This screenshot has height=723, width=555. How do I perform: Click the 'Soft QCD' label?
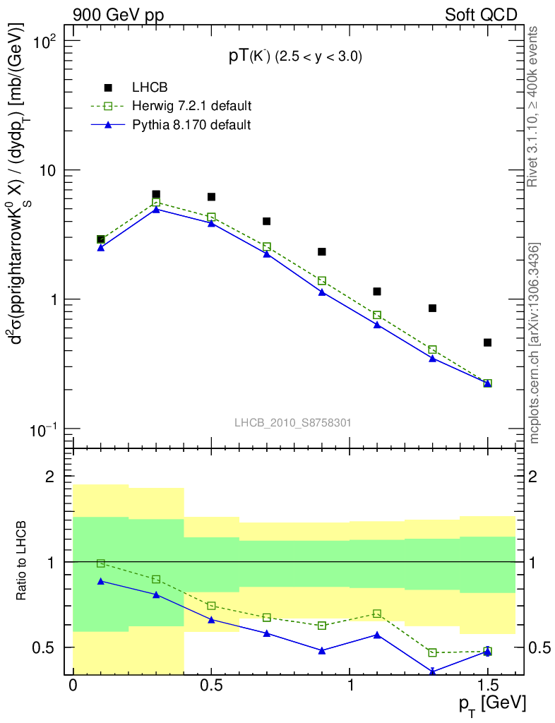coord(481,15)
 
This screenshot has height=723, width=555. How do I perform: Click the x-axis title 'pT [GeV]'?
coord(492,704)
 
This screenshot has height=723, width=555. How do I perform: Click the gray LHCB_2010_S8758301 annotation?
coord(293,423)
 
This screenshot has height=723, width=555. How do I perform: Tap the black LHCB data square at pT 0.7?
coord(267,221)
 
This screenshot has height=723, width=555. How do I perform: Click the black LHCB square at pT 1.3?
coord(432,308)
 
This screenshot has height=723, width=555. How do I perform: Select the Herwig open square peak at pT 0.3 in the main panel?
coord(156,203)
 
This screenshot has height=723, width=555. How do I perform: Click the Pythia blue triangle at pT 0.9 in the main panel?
coord(322,292)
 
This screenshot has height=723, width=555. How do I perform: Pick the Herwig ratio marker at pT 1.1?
coord(377,614)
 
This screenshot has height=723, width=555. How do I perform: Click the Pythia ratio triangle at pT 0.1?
coord(101,581)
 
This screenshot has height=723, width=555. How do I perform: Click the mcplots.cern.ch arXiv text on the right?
coord(535,343)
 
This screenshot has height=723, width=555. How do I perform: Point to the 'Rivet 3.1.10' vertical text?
coord(535,106)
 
